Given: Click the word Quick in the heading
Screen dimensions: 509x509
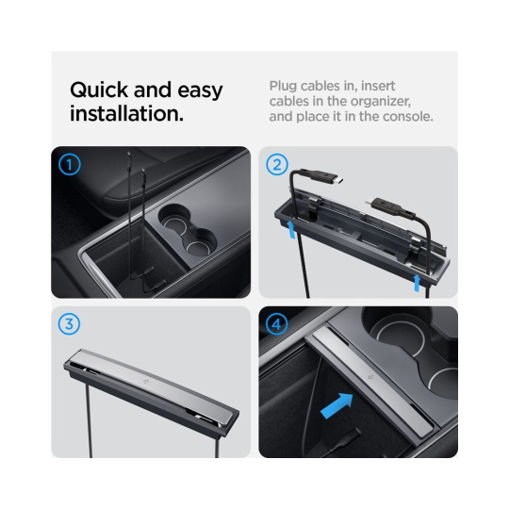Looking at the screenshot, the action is [x=99, y=90].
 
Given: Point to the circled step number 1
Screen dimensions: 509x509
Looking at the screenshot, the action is [x=69, y=165].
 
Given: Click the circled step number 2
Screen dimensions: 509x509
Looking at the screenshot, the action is [x=277, y=165].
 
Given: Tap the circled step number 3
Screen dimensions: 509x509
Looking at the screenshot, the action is [x=69, y=324].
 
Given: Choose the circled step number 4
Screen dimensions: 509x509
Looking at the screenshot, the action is [x=277, y=324].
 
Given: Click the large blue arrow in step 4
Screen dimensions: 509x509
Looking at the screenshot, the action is [x=337, y=405].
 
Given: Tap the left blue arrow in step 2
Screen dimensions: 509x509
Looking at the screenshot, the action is [x=292, y=228].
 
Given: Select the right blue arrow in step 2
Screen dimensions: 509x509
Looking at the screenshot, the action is [x=417, y=283].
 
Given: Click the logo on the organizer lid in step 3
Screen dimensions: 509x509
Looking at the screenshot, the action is [x=145, y=382].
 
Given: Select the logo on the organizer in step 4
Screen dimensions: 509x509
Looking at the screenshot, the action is [x=370, y=377].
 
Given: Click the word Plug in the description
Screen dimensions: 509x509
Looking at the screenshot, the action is [x=283, y=87].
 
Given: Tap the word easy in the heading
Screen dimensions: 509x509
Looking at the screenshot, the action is [x=200, y=90].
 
